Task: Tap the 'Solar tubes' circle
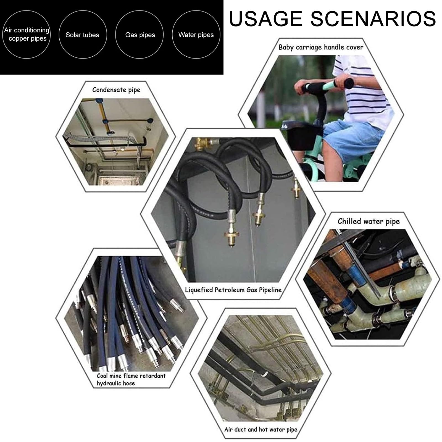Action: coord(83,35)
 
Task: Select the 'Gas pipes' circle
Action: coord(140,35)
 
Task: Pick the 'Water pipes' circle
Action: coord(196,35)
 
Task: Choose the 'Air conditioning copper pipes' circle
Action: coord(27,35)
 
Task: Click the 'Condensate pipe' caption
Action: coord(116,90)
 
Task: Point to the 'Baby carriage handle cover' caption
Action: coord(321,47)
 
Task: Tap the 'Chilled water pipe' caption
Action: coord(369,221)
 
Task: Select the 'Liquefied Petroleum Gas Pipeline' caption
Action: coord(233,290)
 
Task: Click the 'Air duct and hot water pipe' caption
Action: coord(261,430)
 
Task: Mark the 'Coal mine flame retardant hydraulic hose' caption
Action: coord(131,379)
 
